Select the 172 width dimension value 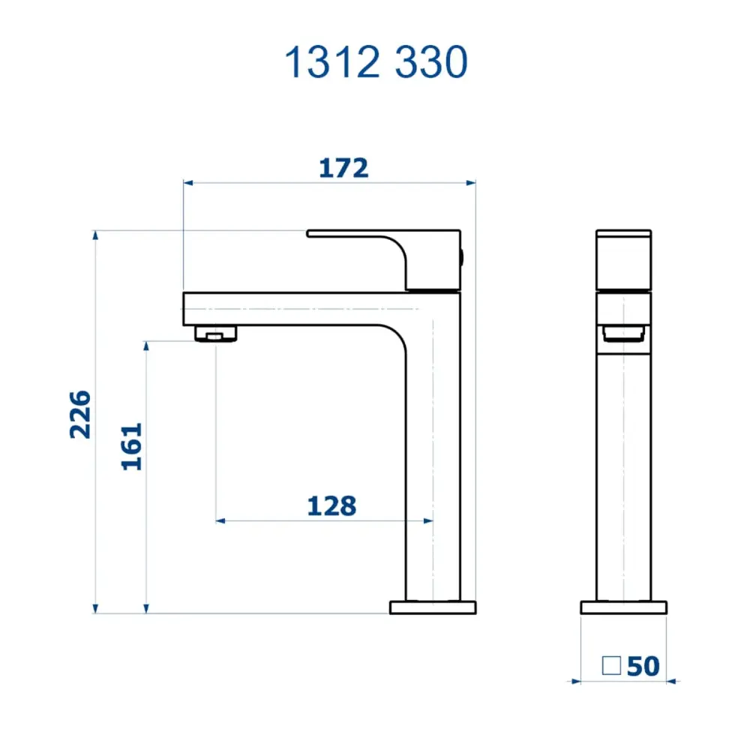[x=343, y=168]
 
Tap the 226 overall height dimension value [x=80, y=415]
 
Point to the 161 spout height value [x=131, y=447]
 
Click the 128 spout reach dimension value [x=331, y=506]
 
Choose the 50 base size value [x=643, y=666]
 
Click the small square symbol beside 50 [x=611, y=665]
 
